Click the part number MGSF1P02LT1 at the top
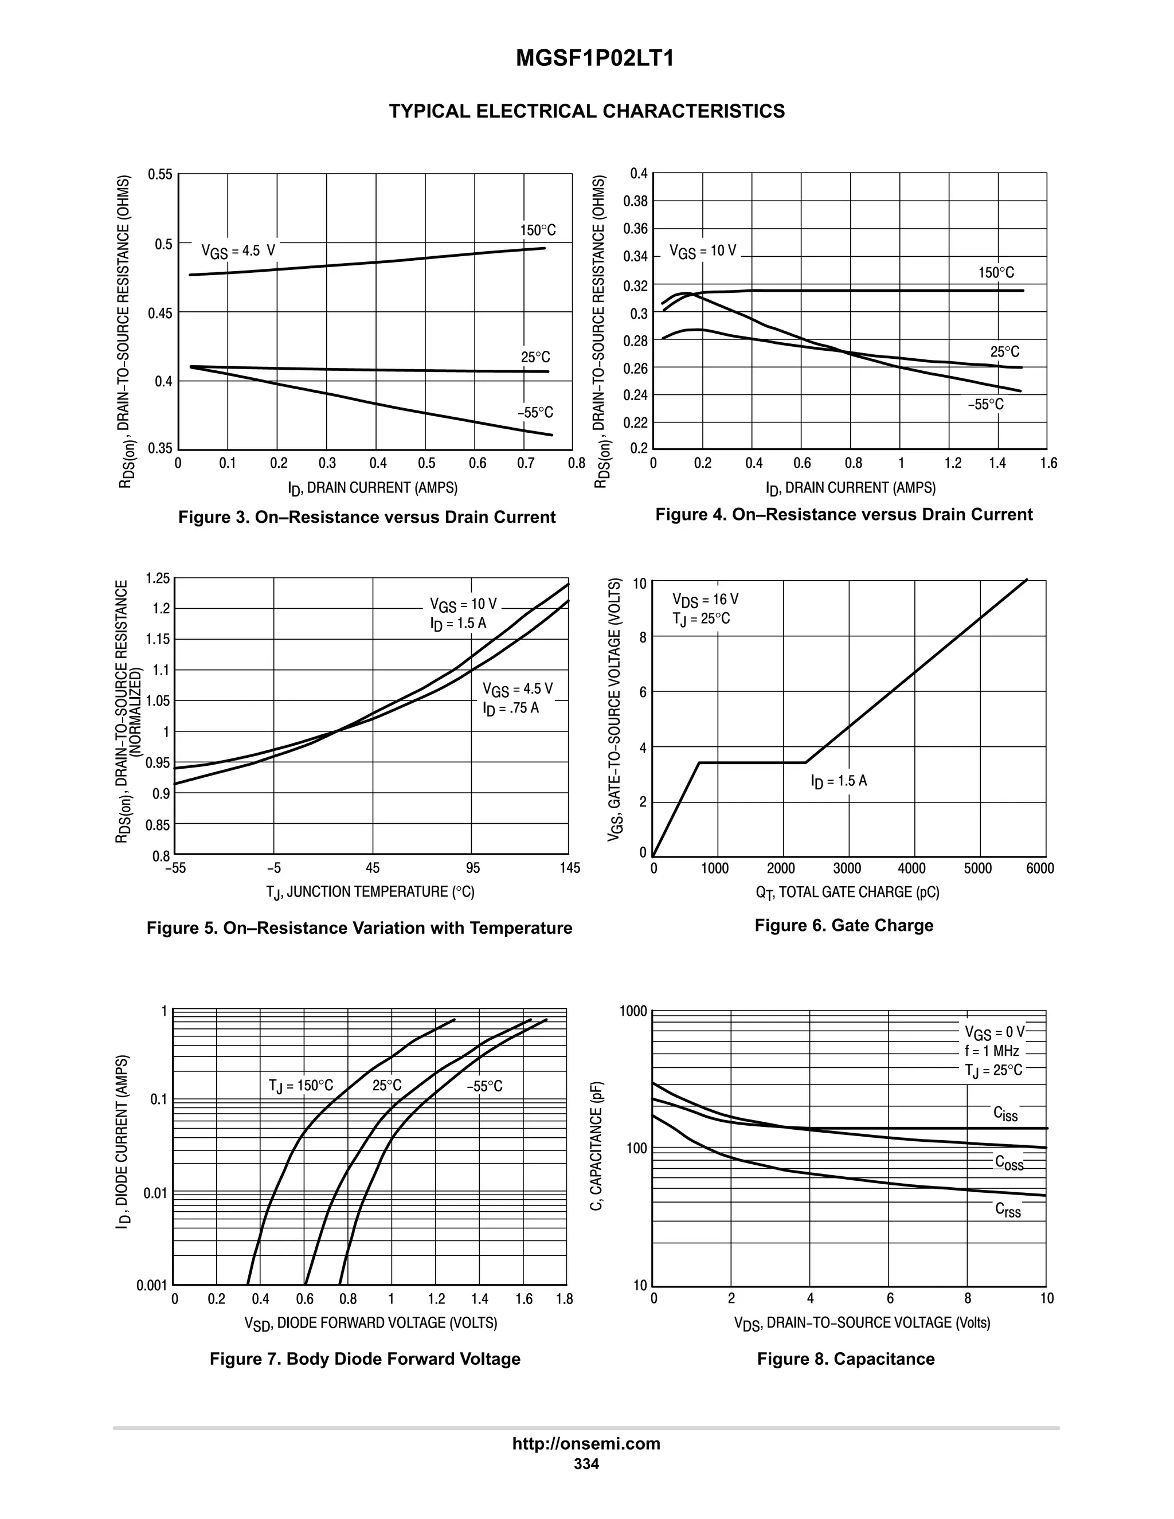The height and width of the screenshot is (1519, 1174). [x=594, y=59]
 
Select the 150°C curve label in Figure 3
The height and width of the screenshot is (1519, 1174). [x=538, y=230]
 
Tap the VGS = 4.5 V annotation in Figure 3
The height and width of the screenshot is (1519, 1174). [x=238, y=251]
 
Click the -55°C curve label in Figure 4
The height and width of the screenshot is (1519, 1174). [x=985, y=405]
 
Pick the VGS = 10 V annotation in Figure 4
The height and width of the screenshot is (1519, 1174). [x=702, y=251]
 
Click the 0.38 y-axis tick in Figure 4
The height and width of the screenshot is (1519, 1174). [x=635, y=202]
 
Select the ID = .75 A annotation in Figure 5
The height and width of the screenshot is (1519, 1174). [x=511, y=708]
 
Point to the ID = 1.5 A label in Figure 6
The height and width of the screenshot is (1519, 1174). [x=839, y=781]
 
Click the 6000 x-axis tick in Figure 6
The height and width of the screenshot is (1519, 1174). [x=1039, y=868]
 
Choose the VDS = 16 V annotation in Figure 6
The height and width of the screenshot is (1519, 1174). [x=705, y=600]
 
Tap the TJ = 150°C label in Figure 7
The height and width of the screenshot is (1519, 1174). [x=300, y=1086]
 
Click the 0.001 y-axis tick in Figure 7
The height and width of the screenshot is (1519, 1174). [x=151, y=1285]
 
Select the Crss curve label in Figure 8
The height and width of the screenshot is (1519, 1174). [x=1008, y=1210]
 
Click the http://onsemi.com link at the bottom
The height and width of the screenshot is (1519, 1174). [x=586, y=1443]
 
